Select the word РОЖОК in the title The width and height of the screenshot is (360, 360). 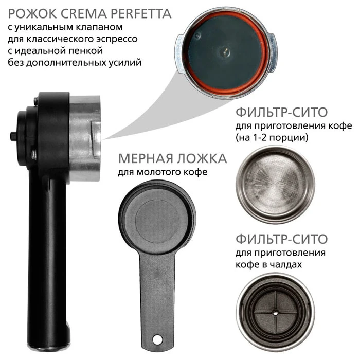pyautogui.click(x=32, y=14)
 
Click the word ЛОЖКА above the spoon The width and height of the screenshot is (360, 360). pyautogui.click(x=202, y=158)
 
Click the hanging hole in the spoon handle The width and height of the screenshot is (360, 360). pyautogui.click(x=157, y=339)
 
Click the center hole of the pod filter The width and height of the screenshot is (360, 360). pyautogui.click(x=275, y=312)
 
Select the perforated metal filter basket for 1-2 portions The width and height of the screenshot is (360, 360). pyautogui.click(x=275, y=185)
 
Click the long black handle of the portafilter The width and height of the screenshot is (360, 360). pyautogui.click(x=47, y=264)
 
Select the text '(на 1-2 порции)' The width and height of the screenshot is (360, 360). pyautogui.click(x=272, y=138)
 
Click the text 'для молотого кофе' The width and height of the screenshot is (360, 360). pyautogui.click(x=163, y=172)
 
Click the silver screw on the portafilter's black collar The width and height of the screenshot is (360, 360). pyautogui.click(x=34, y=155)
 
